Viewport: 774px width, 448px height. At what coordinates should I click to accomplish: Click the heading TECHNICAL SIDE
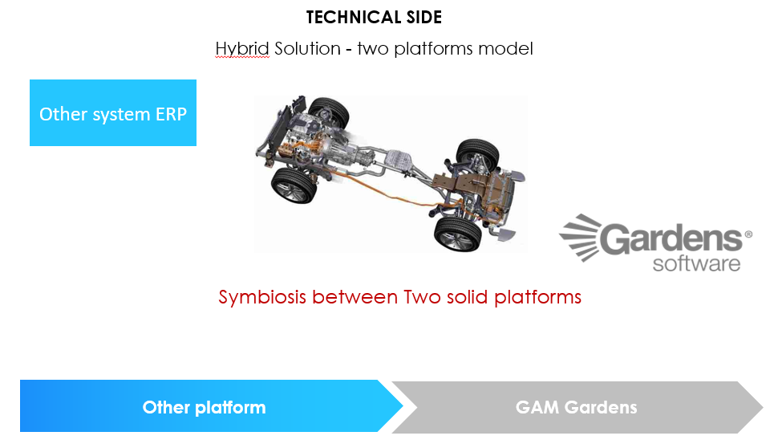(374, 18)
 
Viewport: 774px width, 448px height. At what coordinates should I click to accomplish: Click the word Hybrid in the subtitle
(242, 49)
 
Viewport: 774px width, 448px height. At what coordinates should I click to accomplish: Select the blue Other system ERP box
(113, 112)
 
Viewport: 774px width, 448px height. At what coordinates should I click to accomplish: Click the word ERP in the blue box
(172, 114)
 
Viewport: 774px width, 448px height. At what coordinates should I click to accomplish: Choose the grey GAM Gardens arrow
(577, 407)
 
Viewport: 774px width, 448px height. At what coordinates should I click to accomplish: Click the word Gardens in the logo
(671, 238)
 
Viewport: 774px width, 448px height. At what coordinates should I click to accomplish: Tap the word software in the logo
(696, 263)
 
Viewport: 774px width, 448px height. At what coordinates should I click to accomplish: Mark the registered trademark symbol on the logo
(748, 234)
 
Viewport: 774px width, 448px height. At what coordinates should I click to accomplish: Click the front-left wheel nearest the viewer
(294, 185)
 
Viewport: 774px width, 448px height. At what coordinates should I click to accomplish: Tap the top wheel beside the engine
(329, 113)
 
